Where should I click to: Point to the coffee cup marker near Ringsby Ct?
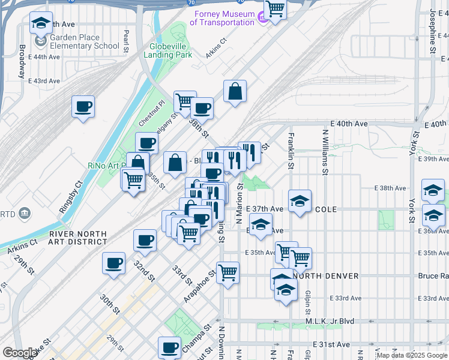pos(83,107)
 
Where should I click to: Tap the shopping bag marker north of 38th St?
pos(235,92)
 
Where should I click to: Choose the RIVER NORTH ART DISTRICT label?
pos(78,238)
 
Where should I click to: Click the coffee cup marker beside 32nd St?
pos(145,241)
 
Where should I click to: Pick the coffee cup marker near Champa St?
pos(170,347)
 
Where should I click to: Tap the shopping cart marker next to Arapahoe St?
pos(228,273)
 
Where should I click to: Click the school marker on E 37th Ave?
pos(300,202)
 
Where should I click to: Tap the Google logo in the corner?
pos(20,353)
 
